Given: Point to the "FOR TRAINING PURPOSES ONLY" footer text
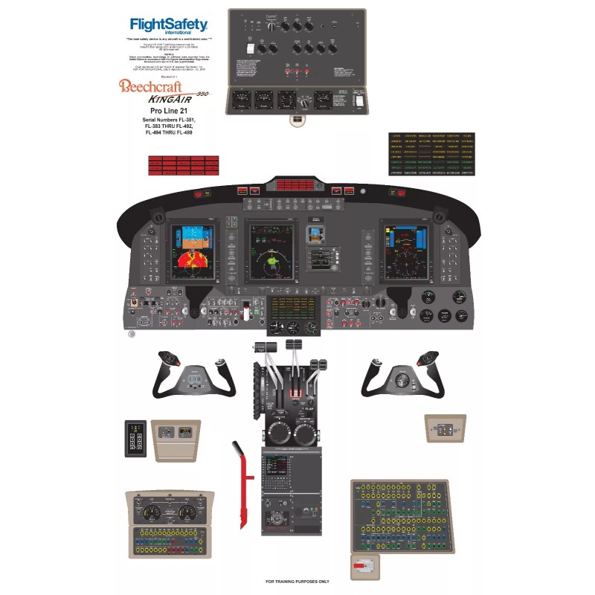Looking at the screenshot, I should (297, 582).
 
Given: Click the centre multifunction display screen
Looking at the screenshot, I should (272, 252).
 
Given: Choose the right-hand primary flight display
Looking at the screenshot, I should (405, 253).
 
